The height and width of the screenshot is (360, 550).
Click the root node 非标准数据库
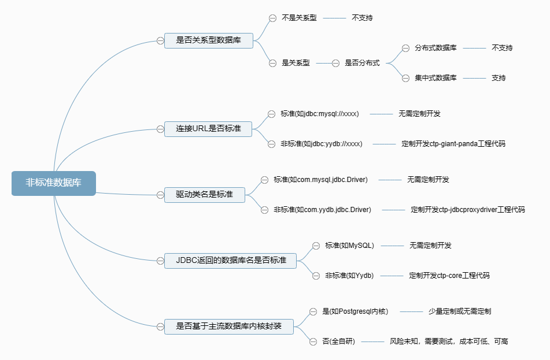coord(53,183)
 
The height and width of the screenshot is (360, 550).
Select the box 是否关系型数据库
coord(209,40)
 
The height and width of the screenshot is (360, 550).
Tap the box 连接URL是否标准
coord(209,128)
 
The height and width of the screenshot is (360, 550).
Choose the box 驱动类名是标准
coord(205,195)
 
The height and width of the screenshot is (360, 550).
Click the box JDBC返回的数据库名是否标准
coord(231,261)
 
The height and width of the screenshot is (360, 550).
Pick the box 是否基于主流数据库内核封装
coord(229,326)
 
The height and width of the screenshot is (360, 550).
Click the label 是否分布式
coord(362,63)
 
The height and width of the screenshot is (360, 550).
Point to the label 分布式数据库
coord(435,48)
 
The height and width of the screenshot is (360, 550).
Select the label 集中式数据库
coord(435,78)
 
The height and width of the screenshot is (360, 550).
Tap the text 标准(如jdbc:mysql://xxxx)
coord(320,114)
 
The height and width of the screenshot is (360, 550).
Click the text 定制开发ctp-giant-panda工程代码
coord(453,144)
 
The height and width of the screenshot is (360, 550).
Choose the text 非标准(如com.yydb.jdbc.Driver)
coord(322,210)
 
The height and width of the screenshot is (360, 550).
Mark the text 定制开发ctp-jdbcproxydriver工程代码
coord(467,210)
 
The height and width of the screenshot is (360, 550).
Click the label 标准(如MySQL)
coord(349,246)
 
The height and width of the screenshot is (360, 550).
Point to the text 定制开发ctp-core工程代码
coord(449,276)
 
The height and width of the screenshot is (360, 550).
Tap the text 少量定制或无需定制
coord(460,311)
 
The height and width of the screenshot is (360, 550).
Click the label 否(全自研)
coord(338,342)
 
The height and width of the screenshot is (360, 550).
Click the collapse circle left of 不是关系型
coord(272,18)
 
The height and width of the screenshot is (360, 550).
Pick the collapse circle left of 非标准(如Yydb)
coord(316,276)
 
